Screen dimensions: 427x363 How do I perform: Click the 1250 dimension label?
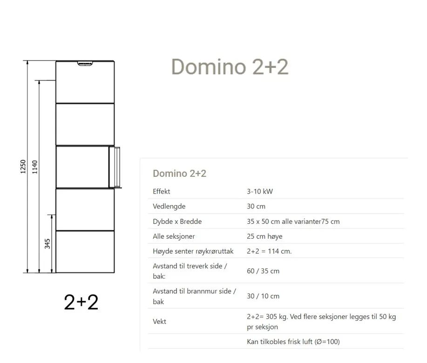(x=23, y=167)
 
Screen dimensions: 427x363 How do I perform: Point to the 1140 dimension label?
(x=34, y=167)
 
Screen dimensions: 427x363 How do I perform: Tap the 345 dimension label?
(x=47, y=244)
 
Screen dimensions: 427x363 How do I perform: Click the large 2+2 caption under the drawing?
(x=81, y=302)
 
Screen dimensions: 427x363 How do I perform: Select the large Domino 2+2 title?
(x=230, y=67)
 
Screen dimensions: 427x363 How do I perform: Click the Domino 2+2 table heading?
(x=179, y=173)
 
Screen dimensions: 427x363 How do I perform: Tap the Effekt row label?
(x=161, y=191)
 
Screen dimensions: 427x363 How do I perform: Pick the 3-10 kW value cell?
(x=260, y=191)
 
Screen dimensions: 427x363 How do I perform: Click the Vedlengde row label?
(x=169, y=206)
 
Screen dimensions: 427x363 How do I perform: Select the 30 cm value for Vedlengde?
(x=256, y=206)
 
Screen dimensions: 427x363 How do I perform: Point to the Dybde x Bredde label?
(x=177, y=222)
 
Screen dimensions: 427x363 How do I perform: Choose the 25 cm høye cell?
(x=264, y=236)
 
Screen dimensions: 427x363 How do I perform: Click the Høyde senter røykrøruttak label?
(x=193, y=251)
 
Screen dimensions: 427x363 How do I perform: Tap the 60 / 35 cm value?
(x=263, y=271)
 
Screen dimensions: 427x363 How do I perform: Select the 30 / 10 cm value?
(x=263, y=296)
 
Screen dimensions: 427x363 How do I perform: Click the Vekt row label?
(x=159, y=322)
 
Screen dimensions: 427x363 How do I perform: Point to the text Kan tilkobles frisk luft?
(x=280, y=342)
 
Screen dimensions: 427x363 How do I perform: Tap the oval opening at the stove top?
(x=85, y=63)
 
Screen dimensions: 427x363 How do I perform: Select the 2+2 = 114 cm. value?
(x=269, y=251)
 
